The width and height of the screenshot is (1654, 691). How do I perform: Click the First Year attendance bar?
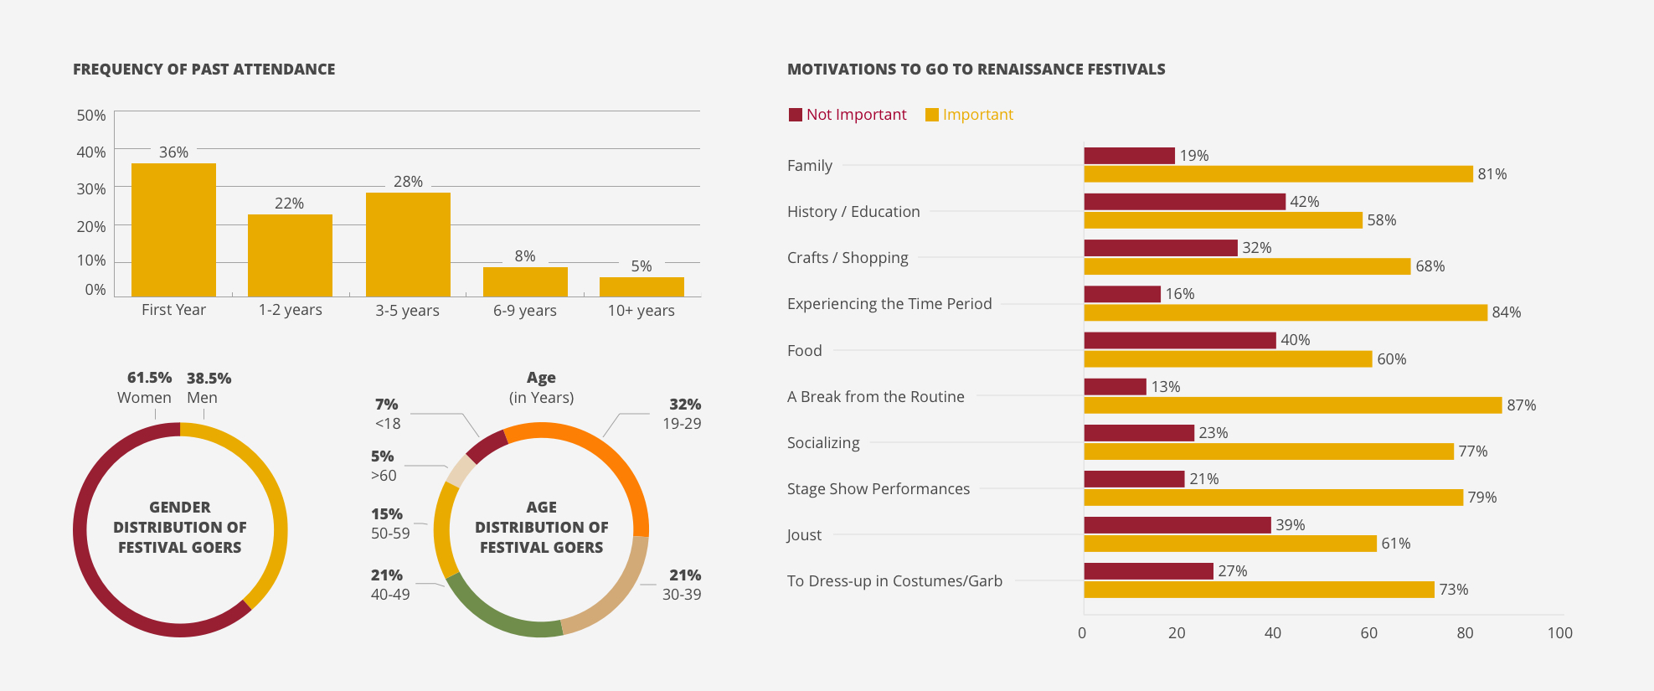[x=173, y=229]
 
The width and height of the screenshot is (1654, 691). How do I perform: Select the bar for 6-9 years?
[x=525, y=281]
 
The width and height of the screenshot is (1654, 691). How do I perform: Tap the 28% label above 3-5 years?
[x=408, y=182]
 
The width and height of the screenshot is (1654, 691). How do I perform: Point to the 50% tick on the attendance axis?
[x=91, y=116]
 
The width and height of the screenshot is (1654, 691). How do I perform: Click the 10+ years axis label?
[x=642, y=311]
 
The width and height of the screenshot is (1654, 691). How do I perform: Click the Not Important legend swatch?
[x=796, y=115]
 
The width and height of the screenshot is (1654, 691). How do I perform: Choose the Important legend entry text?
[x=978, y=115]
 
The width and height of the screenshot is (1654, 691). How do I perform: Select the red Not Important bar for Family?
[x=1129, y=156]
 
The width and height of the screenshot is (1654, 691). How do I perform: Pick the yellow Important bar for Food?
[x=1228, y=359]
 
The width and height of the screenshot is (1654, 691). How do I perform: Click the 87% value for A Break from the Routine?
[x=1522, y=405]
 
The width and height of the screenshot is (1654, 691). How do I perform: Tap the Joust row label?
[x=804, y=535]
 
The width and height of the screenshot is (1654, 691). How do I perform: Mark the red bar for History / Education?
[x=1184, y=202]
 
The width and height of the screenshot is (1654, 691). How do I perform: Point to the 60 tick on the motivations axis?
[x=1368, y=633]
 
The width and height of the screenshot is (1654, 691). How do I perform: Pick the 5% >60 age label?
[x=384, y=466]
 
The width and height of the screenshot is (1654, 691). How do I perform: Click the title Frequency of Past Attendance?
[x=204, y=70]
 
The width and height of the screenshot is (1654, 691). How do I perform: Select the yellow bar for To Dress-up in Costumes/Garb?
[x=1259, y=590]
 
